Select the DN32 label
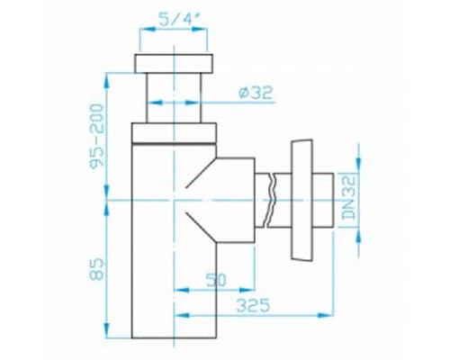pyautogui.click(x=352, y=192)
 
